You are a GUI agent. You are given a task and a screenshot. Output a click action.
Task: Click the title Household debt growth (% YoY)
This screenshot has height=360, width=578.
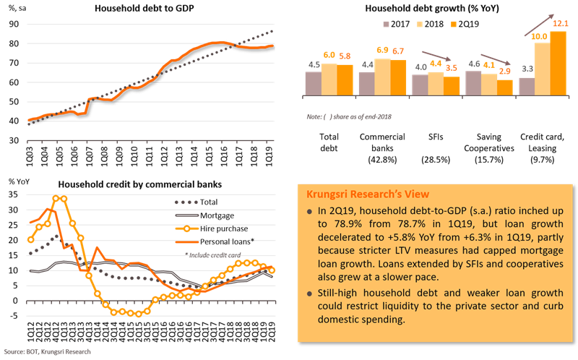433,9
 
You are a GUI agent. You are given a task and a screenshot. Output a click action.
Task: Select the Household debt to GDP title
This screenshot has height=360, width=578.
134,9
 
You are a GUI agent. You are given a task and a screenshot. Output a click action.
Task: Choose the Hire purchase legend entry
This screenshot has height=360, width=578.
209,230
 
